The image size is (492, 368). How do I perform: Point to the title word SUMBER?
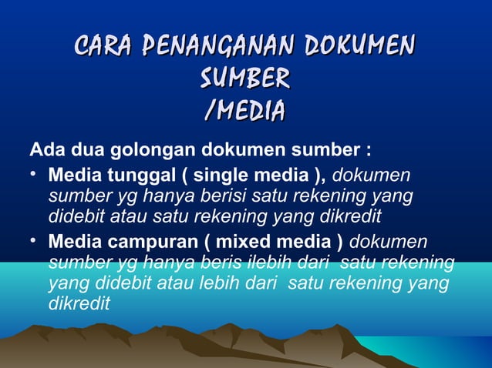(245, 78)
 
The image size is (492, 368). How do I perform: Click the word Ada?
(45, 148)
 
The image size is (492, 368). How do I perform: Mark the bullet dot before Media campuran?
(34, 241)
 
